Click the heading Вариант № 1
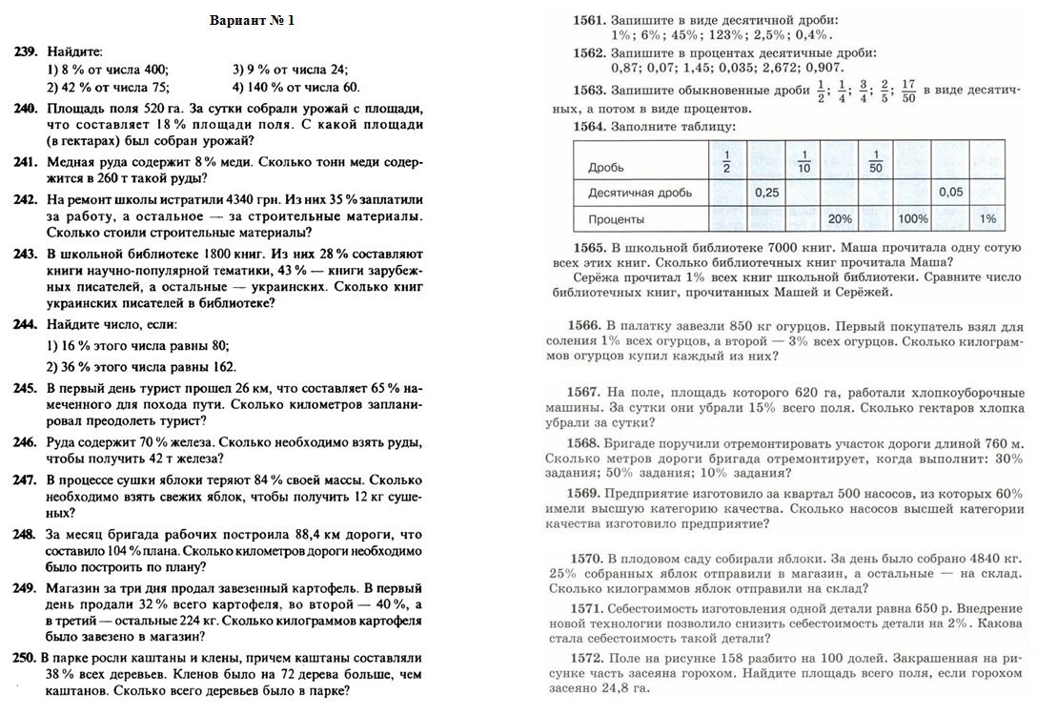tap(252, 22)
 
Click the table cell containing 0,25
tap(766, 193)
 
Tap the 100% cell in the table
tap(912, 218)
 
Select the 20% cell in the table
tap(840, 218)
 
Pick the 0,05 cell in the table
tap(950, 193)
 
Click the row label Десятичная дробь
tap(640, 193)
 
